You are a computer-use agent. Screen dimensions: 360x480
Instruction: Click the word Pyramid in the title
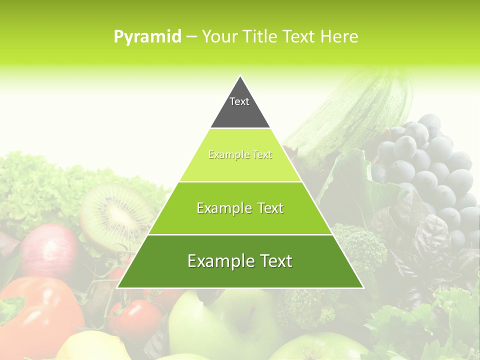pyautogui.click(x=147, y=37)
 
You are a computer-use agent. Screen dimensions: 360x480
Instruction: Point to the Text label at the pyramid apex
pyautogui.click(x=239, y=101)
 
